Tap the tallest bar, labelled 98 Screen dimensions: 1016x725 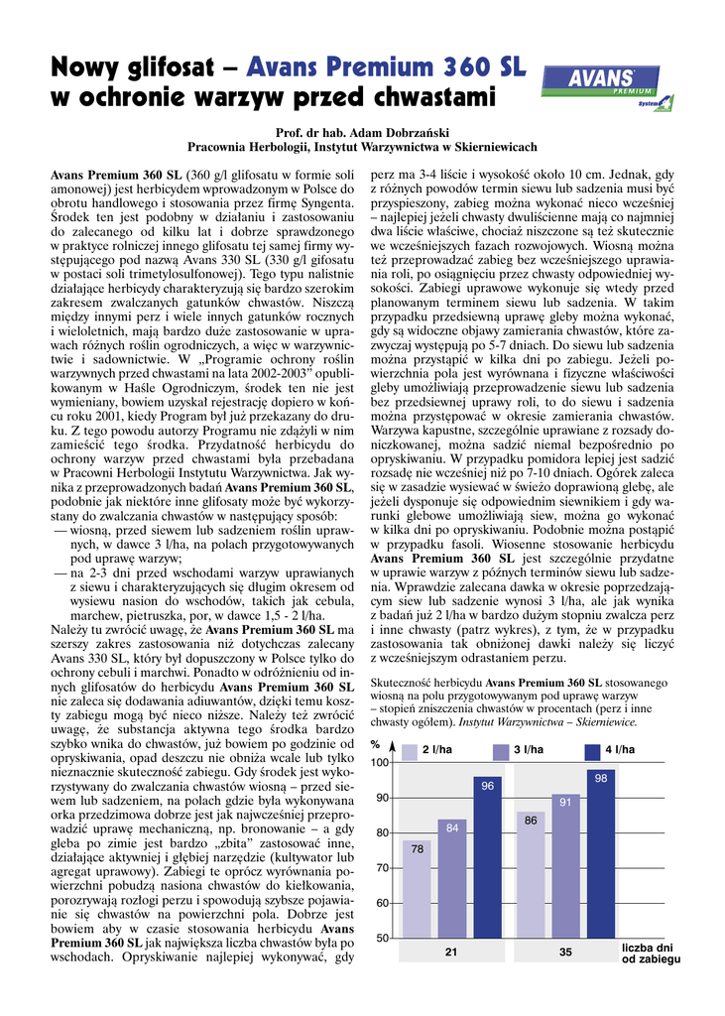pos(600,853)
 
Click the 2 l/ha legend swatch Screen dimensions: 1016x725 pos(409,750)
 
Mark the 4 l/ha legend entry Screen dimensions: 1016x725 pos(618,750)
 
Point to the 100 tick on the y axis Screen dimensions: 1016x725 pos(381,762)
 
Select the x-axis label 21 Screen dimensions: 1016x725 pos(451,952)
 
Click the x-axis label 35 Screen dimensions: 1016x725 pos(565,952)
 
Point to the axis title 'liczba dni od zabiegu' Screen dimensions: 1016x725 pos(651,954)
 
